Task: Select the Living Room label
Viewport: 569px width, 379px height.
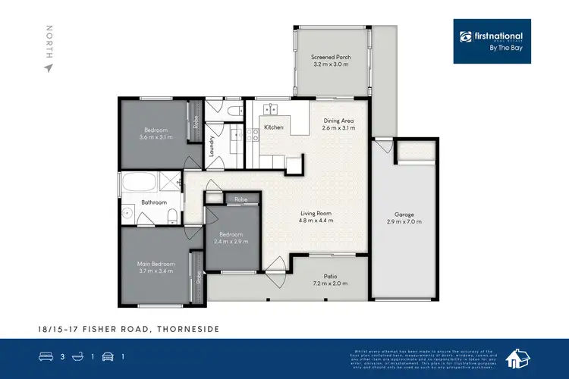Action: tap(315, 214)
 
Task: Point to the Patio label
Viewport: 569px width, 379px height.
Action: tap(330, 276)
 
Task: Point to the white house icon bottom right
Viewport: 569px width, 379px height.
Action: tap(518, 359)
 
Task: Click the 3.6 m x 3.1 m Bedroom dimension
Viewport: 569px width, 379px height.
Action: tap(156, 137)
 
